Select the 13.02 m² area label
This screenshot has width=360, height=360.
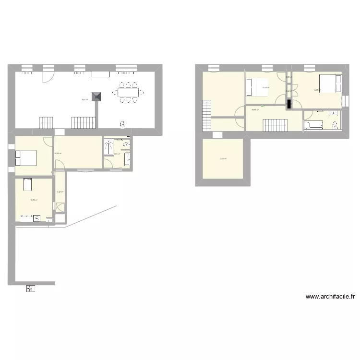tap(223, 159)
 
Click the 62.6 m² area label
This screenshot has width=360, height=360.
tap(85, 100)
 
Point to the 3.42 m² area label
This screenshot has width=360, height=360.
tap(60, 192)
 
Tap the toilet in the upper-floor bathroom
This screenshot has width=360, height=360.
tap(336, 126)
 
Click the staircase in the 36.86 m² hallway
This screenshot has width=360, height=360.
tap(275, 126)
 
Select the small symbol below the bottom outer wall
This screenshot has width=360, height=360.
tap(30, 288)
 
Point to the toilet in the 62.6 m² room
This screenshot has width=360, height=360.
tap(123, 125)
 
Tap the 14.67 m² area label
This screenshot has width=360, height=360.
tap(317, 90)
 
